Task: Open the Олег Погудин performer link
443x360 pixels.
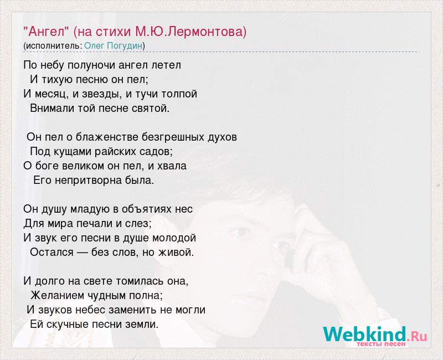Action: coord(114,45)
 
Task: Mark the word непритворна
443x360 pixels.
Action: coord(89,181)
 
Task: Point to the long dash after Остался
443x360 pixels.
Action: coord(82,253)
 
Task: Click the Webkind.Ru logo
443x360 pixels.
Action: coord(375,335)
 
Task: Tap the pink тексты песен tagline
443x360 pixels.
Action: coord(381,344)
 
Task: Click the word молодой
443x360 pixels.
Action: coord(174,238)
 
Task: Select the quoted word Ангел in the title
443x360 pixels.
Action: coord(46,32)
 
